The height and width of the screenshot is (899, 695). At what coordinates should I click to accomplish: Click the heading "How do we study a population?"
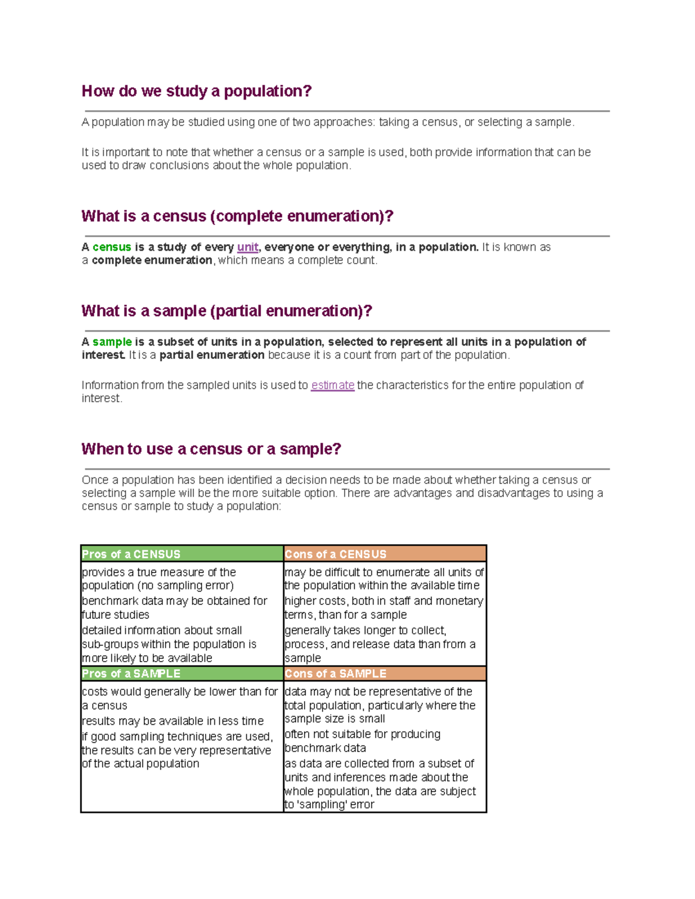[196, 91]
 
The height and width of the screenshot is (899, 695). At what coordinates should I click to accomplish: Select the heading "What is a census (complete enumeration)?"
[237, 217]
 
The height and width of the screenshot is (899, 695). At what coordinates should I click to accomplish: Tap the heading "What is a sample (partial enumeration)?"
[226, 311]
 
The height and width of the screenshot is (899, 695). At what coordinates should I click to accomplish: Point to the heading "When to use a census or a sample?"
[211, 449]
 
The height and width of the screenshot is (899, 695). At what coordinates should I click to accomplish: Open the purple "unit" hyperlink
[247, 247]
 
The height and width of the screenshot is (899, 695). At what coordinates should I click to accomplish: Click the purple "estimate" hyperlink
[332, 386]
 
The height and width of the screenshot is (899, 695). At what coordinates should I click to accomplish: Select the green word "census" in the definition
[112, 247]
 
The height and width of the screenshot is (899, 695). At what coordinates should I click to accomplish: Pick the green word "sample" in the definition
[112, 342]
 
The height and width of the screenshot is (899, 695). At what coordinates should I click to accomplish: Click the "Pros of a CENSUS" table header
[131, 555]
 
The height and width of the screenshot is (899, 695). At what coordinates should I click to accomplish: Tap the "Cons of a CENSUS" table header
[335, 555]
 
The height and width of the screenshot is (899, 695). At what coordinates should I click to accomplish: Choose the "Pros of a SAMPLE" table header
[131, 674]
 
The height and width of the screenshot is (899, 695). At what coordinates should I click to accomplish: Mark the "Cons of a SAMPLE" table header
[335, 674]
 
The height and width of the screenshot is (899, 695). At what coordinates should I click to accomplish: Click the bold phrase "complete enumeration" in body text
[152, 260]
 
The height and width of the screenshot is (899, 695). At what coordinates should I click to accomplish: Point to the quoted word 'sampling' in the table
[318, 805]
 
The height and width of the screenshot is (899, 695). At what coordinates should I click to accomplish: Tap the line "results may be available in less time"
[173, 721]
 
